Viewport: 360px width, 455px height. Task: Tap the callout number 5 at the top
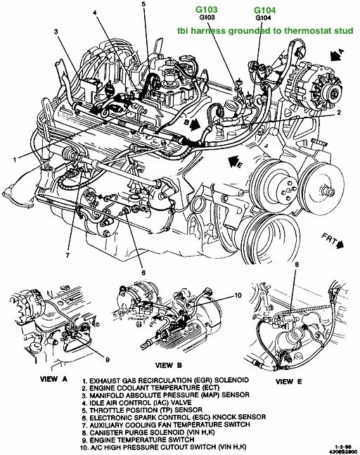143,5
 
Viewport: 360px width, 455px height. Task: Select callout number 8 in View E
297,265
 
